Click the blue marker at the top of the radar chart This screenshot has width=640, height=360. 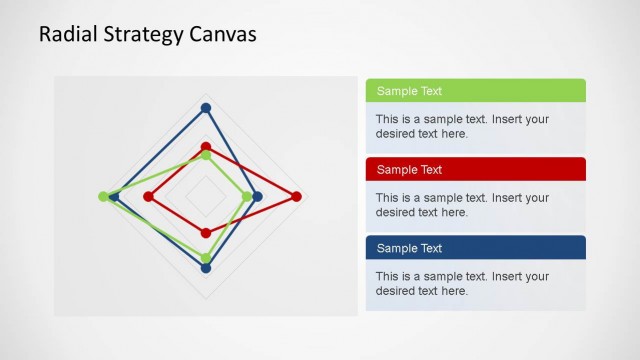(206, 108)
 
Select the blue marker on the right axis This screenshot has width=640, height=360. (258, 197)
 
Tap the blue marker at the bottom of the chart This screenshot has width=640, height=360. (206, 269)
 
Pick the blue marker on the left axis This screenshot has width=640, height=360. (114, 197)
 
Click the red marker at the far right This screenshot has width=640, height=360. (297, 197)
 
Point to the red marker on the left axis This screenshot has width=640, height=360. (148, 197)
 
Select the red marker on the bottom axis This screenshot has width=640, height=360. (206, 233)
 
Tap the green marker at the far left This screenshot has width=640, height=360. (103, 197)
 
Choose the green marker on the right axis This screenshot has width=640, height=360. (247, 197)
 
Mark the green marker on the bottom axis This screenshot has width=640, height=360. (206, 259)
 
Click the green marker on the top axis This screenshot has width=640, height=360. (206, 154)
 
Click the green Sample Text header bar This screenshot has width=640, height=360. (475, 91)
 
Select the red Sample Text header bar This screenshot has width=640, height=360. (475, 169)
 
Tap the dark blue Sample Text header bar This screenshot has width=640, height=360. (475, 248)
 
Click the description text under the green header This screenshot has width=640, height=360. (462, 126)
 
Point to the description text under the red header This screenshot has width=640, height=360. (462, 205)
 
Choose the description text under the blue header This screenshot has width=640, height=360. (462, 283)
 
